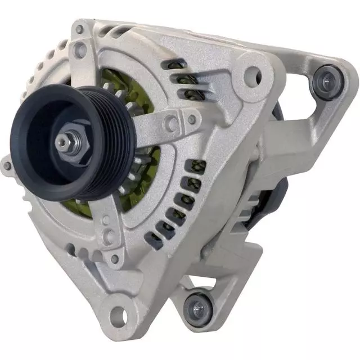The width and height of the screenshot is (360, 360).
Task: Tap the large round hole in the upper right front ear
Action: [251, 75]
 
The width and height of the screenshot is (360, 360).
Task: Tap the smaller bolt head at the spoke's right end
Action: [192, 119]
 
